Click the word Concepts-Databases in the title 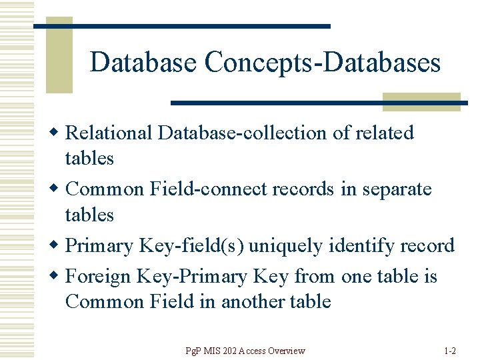pyautogui.click(x=323, y=63)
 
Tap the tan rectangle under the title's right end pyautogui.click(x=421, y=102)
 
